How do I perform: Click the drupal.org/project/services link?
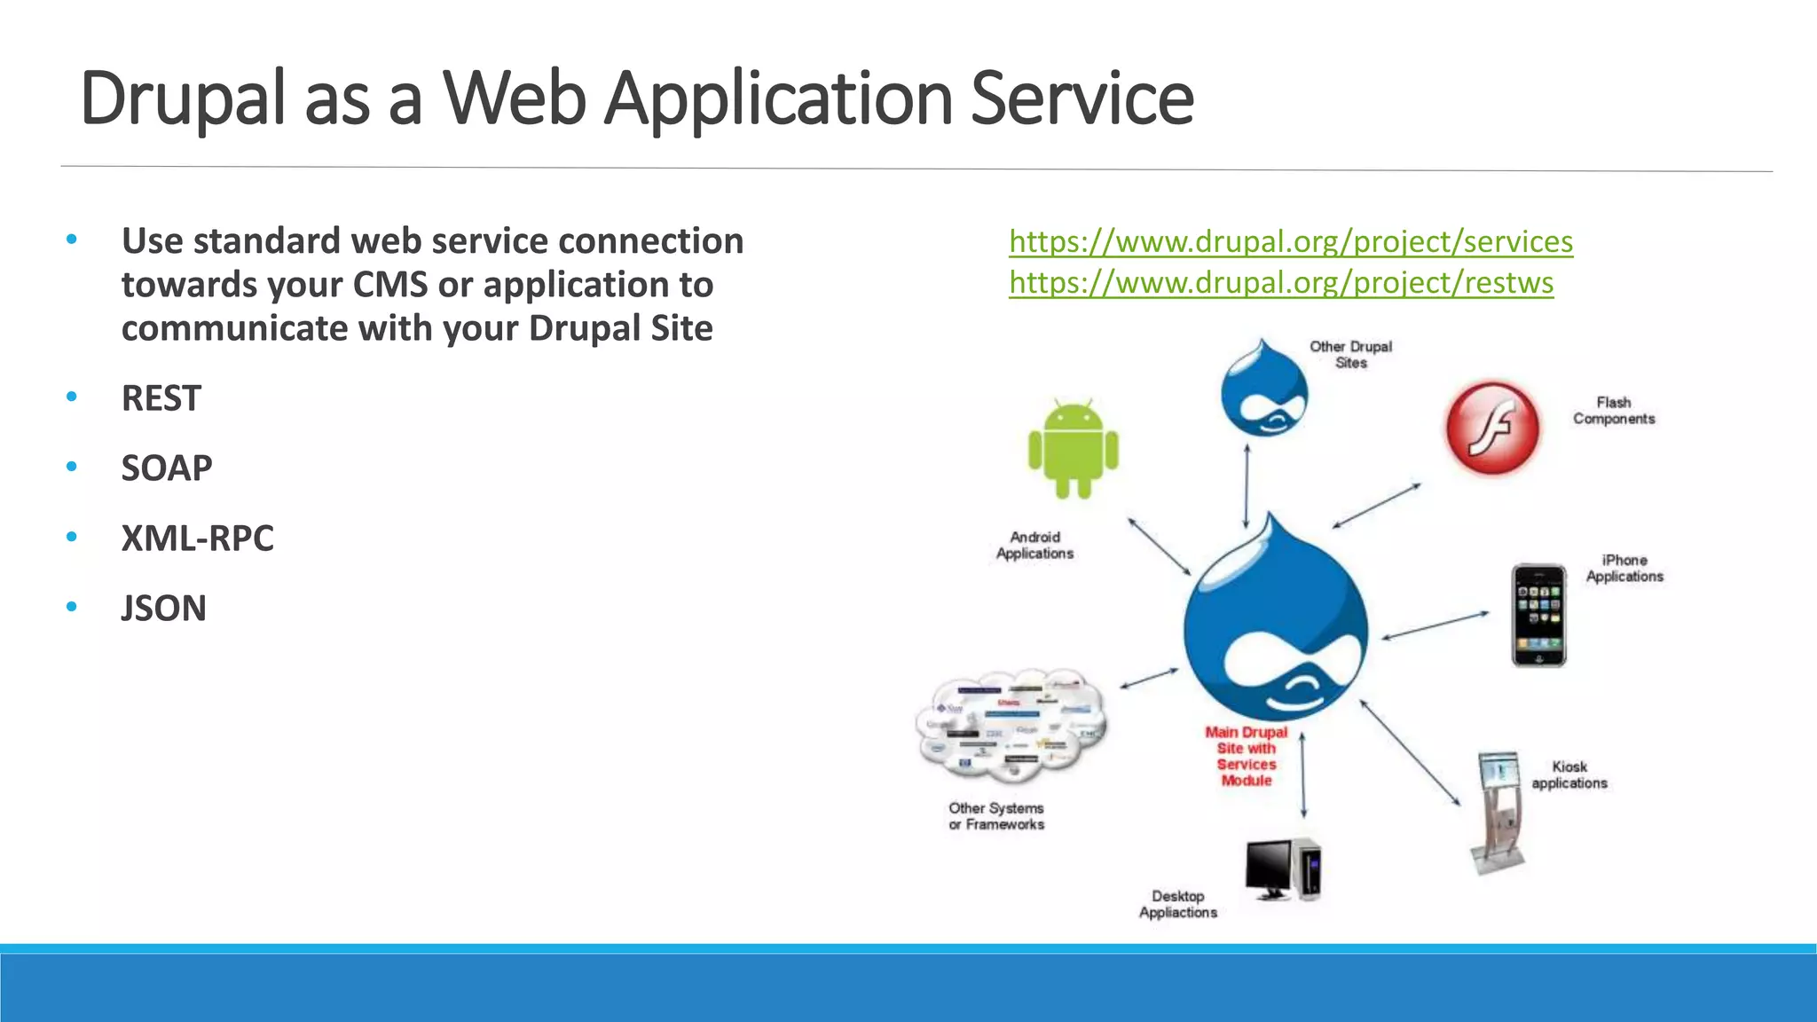click(1291, 241)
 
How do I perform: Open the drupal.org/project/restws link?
click(1281, 283)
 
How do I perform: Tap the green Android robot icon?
click(1074, 449)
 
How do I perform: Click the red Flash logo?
click(1493, 428)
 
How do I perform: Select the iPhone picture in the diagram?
click(1538, 615)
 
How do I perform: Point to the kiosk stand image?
click(1498, 812)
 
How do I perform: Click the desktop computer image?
click(1283, 869)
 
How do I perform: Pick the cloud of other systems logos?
click(1011, 726)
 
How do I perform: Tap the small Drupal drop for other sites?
click(1263, 390)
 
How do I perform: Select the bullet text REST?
click(161, 398)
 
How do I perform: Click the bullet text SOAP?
click(167, 468)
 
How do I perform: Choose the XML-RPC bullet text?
click(198, 539)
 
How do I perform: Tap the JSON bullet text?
click(164, 609)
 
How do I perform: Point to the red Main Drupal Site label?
click(1247, 756)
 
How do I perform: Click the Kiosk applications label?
click(1569, 774)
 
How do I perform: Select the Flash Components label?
click(1614, 411)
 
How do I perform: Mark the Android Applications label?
click(1034, 545)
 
